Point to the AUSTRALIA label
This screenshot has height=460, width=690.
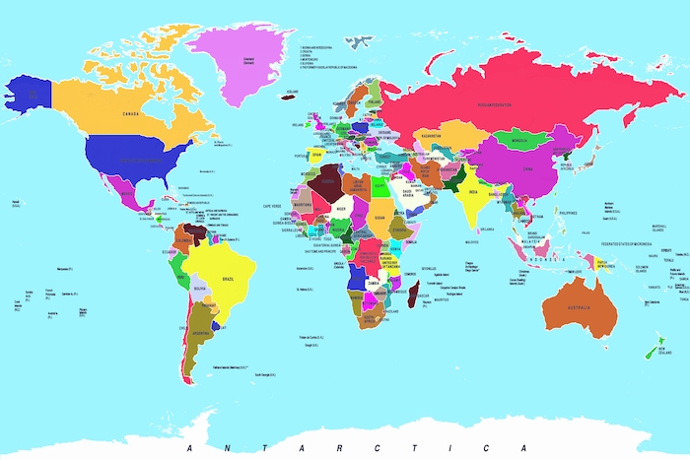(578, 308)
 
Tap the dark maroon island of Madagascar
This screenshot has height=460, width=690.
(414, 293)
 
